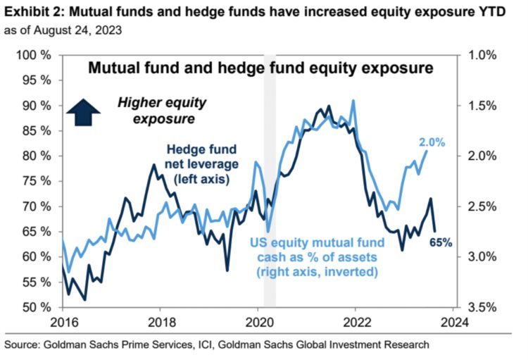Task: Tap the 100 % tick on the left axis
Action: click(34, 55)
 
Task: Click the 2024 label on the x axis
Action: click(453, 323)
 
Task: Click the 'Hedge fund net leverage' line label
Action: click(202, 163)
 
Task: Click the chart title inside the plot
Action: click(258, 69)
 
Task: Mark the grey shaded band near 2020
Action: click(270, 183)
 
